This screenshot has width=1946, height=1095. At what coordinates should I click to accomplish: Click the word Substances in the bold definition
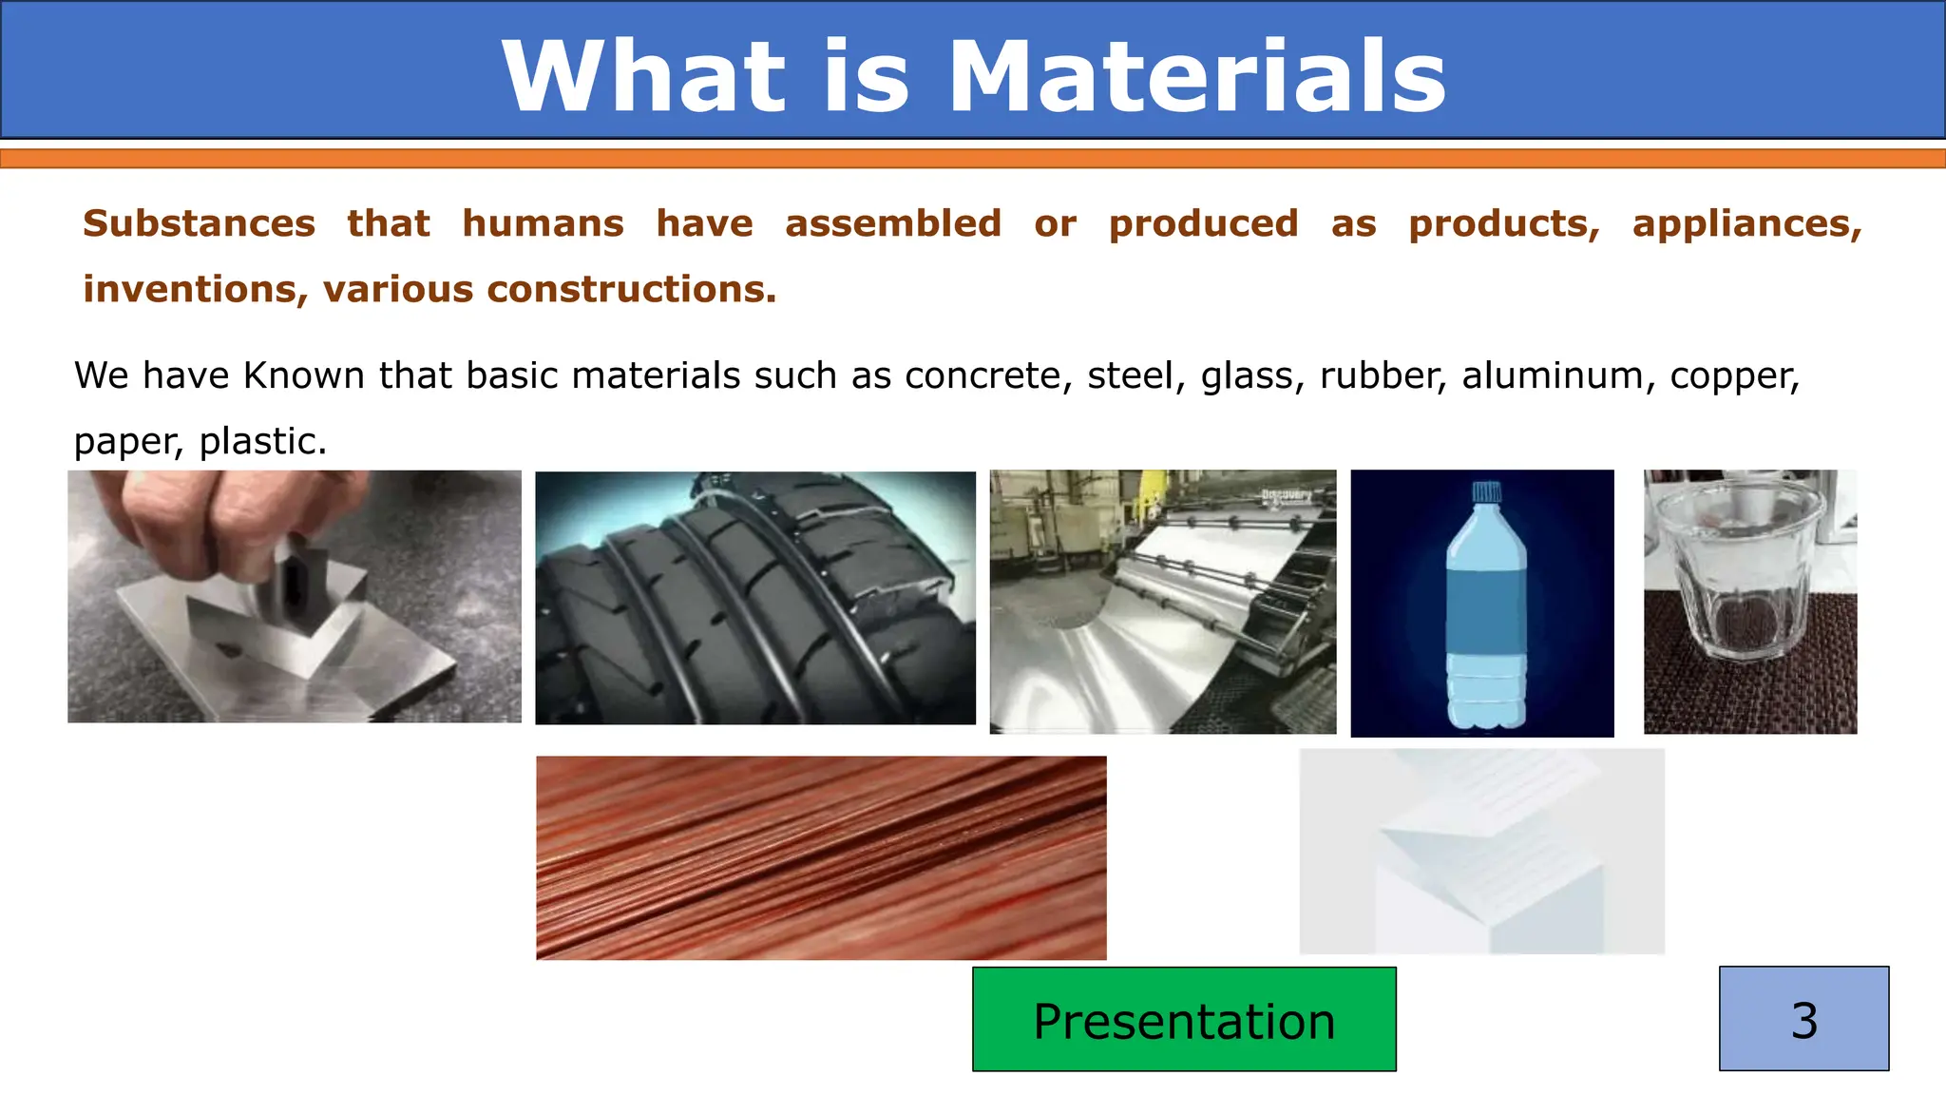pos(199,224)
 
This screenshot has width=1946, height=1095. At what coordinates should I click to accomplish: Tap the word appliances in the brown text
pos(1746,224)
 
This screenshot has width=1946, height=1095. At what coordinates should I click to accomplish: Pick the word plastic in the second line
pos(262,442)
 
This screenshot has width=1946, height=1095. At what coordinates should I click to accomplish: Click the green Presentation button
pos(1184,1020)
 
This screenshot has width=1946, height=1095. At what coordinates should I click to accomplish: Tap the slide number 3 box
pos(1803,1019)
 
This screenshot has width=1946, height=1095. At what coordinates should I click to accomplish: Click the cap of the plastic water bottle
pos(1485,492)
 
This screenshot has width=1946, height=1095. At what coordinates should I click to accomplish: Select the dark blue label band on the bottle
pos(1486,618)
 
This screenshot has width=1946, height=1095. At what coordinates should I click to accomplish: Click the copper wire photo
pos(821,857)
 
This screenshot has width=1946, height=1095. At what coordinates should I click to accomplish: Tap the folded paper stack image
pos(1481,852)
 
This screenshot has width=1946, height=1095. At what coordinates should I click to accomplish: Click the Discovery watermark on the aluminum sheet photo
pos(1286,495)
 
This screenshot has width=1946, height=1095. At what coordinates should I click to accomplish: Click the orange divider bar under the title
pos(973,159)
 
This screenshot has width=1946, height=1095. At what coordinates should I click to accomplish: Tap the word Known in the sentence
pos(304,376)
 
